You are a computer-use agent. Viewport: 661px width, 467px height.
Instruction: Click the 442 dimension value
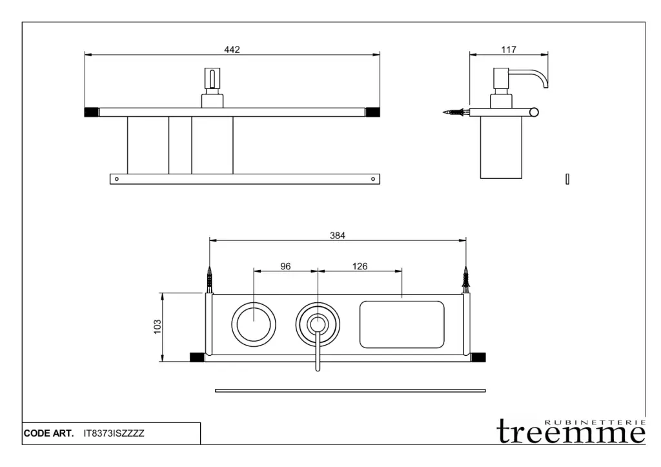coord(232,49)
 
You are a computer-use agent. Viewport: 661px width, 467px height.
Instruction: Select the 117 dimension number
coord(509,49)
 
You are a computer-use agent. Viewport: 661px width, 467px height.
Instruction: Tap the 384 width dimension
coord(337,235)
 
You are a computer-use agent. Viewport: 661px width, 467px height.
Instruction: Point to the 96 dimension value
coord(285,266)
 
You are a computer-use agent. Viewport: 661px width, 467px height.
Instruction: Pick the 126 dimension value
coord(360,266)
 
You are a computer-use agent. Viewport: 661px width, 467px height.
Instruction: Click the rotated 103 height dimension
coord(158,327)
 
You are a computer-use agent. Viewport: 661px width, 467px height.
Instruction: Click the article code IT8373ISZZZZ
coord(114,433)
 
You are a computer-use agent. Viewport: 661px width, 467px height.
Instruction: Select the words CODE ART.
coord(48,433)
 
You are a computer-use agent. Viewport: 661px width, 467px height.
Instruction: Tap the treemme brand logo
coord(571,431)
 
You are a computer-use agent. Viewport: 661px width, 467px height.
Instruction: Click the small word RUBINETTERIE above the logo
coord(595,422)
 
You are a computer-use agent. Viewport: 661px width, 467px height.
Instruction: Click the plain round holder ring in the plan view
coord(254,302)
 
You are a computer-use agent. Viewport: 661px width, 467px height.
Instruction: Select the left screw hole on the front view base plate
coord(117,179)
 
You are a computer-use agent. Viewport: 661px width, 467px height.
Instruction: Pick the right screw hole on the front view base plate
coord(372,179)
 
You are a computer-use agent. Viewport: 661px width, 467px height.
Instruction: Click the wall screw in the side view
coord(456,112)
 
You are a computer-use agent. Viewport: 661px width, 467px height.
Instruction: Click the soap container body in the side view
coord(501,147)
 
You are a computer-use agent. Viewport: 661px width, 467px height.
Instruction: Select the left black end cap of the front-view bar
coord(92,112)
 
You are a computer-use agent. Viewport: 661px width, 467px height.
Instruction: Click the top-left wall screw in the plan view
coord(209,279)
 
